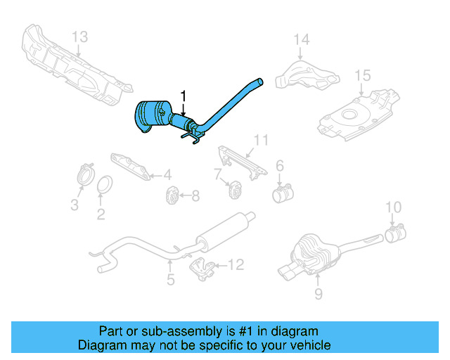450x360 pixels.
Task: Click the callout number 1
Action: [184, 95]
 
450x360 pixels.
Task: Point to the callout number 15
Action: [362, 75]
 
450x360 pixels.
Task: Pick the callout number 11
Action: [262, 141]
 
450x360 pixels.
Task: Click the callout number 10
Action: [394, 207]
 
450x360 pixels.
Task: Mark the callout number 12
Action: [236, 264]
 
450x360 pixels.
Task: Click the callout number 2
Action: [101, 215]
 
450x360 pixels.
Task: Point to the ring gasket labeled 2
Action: [105, 186]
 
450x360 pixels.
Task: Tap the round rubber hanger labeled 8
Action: [171, 195]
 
